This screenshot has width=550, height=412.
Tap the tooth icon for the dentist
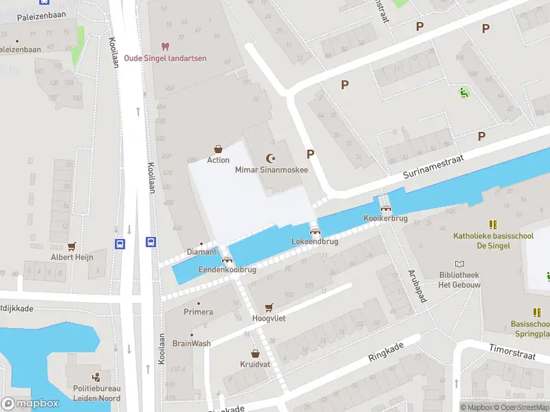pyautogui.click(x=164, y=47)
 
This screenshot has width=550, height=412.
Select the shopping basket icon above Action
pyautogui.click(x=219, y=149)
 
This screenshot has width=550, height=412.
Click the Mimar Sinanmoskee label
pyautogui.click(x=272, y=170)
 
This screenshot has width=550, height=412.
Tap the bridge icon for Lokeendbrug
pyautogui.click(x=315, y=231)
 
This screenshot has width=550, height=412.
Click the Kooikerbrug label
pyautogui.click(x=386, y=218)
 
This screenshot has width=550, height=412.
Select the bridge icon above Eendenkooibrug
pyautogui.click(x=227, y=260)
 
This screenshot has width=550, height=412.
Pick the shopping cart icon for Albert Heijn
pyautogui.click(x=71, y=246)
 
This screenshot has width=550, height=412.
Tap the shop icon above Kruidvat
pyautogui.click(x=256, y=354)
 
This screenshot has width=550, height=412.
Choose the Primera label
pyautogui.click(x=198, y=312)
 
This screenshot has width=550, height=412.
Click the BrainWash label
pyautogui.click(x=191, y=343)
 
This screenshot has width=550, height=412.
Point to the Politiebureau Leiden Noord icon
pyautogui.click(x=96, y=376)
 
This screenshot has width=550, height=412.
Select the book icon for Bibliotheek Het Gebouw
pyautogui.click(x=460, y=264)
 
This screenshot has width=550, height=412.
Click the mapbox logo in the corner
pyautogui.click(x=30, y=403)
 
